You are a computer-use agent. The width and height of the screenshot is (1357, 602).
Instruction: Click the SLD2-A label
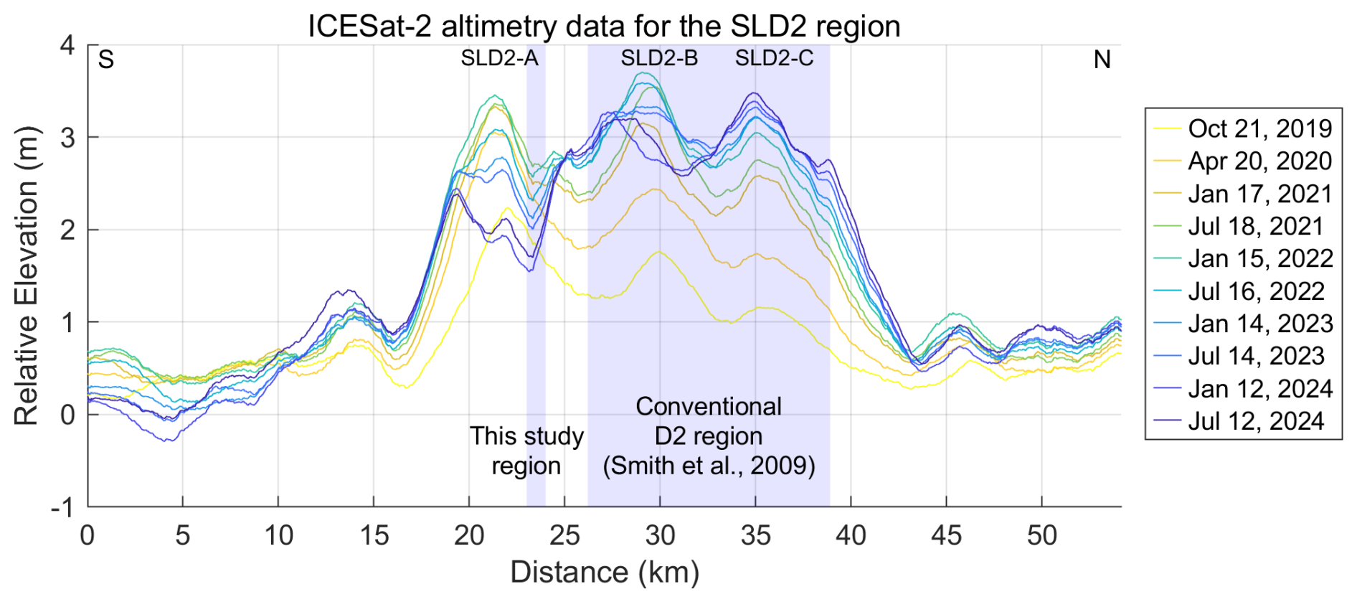pyautogui.click(x=499, y=58)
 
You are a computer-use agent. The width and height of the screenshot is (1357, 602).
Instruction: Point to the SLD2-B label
pyautogui.click(x=659, y=58)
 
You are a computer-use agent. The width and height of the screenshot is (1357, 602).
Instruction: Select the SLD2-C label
pyautogui.click(x=774, y=58)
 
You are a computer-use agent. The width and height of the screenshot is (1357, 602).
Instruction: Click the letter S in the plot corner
pyautogui.click(x=106, y=60)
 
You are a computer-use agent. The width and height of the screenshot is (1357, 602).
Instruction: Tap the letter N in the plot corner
pyautogui.click(x=1102, y=60)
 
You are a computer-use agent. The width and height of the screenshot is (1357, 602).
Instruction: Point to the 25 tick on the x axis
pyautogui.click(x=564, y=535)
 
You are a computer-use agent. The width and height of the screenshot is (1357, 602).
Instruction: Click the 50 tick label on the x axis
pyautogui.click(x=1041, y=535)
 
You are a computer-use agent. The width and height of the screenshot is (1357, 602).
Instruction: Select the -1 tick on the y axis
pyautogui.click(x=62, y=507)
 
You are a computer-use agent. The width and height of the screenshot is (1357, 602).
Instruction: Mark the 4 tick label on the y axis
pyautogui.click(x=67, y=45)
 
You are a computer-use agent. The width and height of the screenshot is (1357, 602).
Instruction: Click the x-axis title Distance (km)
pyautogui.click(x=605, y=573)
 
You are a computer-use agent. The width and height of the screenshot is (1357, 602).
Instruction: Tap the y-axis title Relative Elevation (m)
pyautogui.click(x=26, y=276)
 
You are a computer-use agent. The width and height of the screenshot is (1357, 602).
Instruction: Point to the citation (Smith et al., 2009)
pyautogui.click(x=709, y=466)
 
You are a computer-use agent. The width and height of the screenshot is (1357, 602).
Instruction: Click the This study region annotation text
pyautogui.click(x=526, y=451)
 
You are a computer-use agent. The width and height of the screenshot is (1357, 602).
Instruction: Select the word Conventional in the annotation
pyautogui.click(x=709, y=406)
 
